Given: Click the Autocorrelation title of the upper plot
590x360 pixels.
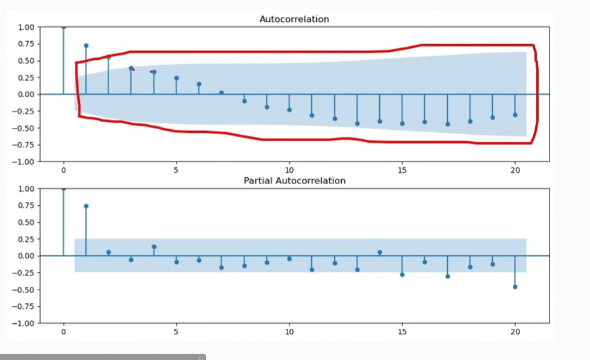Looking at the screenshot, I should [294, 19].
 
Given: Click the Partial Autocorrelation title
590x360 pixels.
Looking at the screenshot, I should [294, 181].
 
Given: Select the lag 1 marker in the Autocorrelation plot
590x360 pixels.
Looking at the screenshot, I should [86, 46].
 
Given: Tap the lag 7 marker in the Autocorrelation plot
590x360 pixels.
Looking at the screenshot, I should [221, 93].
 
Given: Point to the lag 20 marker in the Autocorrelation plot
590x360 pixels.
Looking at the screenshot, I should [515, 115].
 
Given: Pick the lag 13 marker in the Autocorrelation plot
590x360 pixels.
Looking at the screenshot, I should [357, 124].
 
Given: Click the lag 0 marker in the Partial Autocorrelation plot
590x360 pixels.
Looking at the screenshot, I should [64, 188].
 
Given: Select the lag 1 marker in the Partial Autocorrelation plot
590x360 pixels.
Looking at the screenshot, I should [86, 206].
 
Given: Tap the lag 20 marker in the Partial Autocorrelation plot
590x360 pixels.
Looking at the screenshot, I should [515, 287].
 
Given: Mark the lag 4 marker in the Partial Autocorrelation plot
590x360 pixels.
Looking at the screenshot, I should [154, 247].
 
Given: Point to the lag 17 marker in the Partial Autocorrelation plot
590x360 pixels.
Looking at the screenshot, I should [447, 276].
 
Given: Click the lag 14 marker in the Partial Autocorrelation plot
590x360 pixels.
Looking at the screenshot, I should [380, 253].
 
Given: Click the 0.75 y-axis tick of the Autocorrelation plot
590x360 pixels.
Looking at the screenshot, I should [26, 44].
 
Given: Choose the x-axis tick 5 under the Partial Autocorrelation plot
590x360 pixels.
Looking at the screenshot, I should [177, 331].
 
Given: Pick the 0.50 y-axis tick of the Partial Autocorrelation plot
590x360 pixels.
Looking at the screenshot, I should [26, 222].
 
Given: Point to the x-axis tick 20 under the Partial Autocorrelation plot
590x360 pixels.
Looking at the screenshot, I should [515, 331].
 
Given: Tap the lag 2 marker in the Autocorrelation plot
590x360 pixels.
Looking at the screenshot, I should [109, 57].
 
